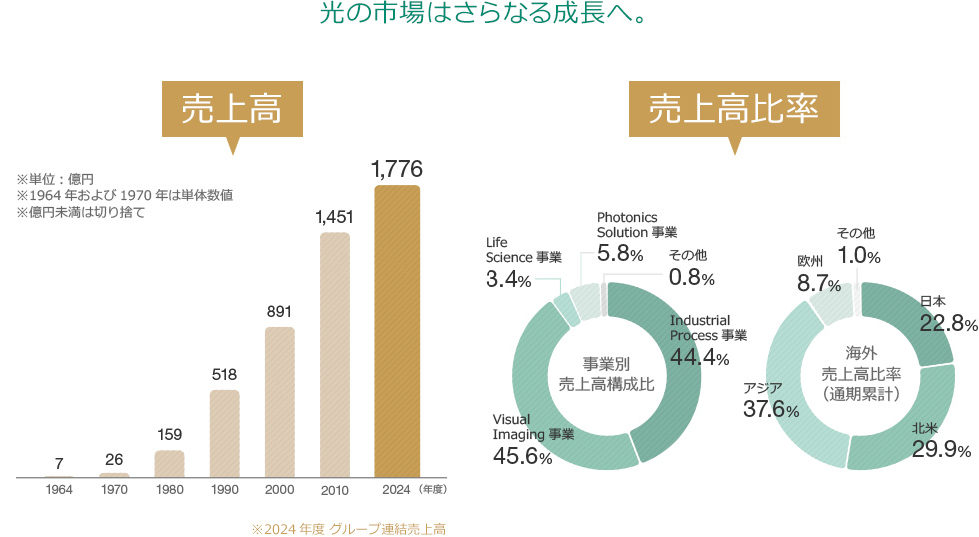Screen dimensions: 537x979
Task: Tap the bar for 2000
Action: [x=280, y=402]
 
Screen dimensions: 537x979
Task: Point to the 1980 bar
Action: [x=170, y=464]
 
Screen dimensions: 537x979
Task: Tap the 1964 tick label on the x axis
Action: [x=60, y=491]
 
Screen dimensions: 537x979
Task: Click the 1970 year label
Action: [x=115, y=491]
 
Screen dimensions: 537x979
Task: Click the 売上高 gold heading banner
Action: [x=231, y=109]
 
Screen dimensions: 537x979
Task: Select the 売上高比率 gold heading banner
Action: [x=734, y=109]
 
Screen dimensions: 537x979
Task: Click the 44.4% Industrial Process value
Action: [x=700, y=358]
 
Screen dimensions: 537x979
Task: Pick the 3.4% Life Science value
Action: [x=508, y=279]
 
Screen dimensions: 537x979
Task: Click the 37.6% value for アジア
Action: [x=771, y=409]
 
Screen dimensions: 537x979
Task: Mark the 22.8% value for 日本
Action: [x=948, y=322]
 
